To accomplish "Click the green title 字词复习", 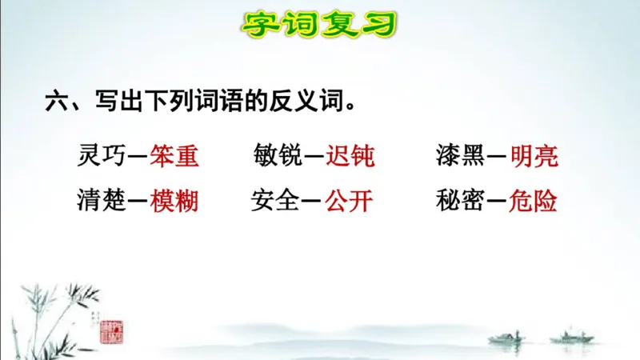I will click(x=319, y=24).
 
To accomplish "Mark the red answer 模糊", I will click(x=174, y=200).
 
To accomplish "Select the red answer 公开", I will click(x=349, y=200).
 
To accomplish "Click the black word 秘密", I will click(x=461, y=200).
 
